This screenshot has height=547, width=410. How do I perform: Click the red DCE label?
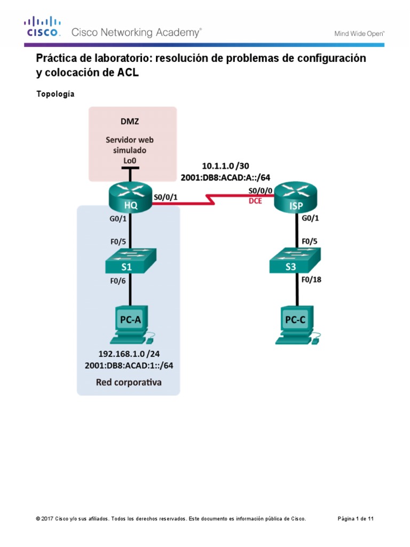click(x=256, y=201)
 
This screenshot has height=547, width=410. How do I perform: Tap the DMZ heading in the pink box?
click(x=130, y=121)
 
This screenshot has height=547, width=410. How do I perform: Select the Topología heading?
click(x=55, y=94)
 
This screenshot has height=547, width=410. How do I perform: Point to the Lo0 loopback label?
click(x=130, y=160)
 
